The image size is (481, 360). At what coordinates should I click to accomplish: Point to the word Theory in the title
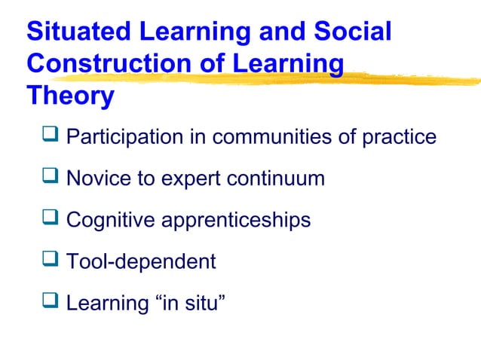pos(70,96)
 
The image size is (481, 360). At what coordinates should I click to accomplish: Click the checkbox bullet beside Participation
pos(51,136)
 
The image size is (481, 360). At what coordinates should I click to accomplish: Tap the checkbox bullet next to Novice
pos(51,178)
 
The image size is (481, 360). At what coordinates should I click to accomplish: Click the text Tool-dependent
pos(141,262)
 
